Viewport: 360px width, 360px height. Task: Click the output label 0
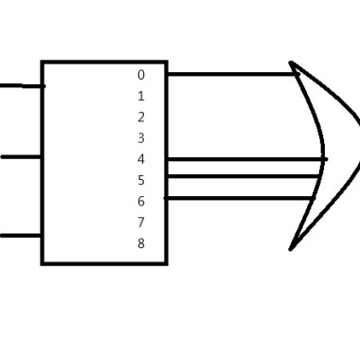point(141,75)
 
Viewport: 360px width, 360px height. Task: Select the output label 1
point(141,96)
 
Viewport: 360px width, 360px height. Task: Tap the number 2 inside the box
point(141,117)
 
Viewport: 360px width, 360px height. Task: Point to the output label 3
point(141,138)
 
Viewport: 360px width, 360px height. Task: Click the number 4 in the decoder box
point(141,159)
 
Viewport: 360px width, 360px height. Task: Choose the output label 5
point(141,180)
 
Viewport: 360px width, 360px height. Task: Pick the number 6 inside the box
point(141,201)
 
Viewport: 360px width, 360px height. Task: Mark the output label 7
point(141,223)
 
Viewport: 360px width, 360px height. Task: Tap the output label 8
point(141,243)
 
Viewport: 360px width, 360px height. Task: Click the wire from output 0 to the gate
point(233,74)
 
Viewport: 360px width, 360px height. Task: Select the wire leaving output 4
point(247,159)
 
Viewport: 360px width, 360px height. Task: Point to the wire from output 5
point(243,176)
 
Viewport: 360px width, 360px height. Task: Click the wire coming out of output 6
point(240,198)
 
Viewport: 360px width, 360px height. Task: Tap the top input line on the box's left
point(22,86)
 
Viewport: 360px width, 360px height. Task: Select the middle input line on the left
point(22,156)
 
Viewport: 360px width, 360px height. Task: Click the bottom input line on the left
point(21,236)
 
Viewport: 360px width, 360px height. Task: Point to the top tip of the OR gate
point(291,63)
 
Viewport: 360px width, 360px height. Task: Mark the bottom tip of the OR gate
point(291,249)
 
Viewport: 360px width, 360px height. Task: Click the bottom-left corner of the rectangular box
point(43,263)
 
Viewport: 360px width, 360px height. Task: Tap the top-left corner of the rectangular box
point(43,63)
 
